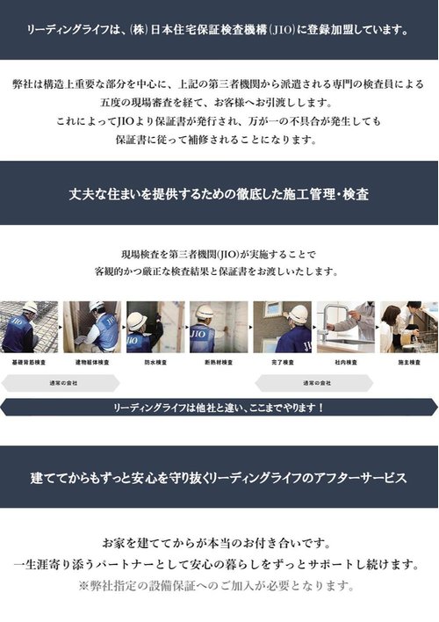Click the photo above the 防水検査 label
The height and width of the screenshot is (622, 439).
coord(155,328)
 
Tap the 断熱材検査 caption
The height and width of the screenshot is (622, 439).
coord(219,362)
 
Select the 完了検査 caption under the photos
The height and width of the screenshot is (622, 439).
coord(283,362)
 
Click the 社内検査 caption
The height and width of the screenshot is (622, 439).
coord(346,362)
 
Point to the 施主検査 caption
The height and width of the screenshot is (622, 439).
coord(409,362)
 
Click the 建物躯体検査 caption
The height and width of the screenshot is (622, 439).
coord(92,362)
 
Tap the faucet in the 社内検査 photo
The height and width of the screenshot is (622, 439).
coord(328,322)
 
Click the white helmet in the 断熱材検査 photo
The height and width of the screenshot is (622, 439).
coord(205,312)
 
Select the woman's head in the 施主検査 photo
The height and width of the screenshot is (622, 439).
coord(390,315)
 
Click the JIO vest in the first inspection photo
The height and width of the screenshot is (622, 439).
coord(17,330)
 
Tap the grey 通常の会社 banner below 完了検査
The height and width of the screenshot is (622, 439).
coord(313,383)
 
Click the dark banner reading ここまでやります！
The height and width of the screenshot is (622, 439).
coord(219,408)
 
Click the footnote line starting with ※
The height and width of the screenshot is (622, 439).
coord(216,585)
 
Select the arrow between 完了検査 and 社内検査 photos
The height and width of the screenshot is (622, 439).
coord(314,328)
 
